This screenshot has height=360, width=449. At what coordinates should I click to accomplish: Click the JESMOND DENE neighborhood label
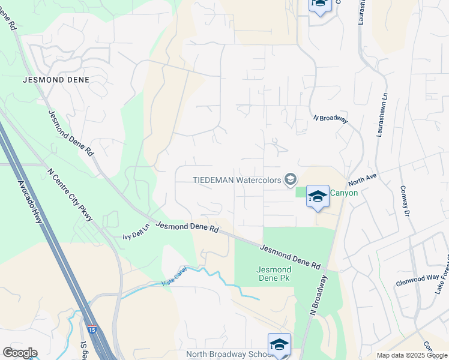[56, 79]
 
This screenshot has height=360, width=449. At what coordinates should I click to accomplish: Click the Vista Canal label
[175, 282]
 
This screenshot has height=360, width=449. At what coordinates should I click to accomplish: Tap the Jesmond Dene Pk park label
[274, 275]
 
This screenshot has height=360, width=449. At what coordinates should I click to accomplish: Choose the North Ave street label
[362, 180]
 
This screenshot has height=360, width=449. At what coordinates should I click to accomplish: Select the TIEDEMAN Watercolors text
[237, 179]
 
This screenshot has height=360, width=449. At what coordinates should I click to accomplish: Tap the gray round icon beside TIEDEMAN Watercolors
[291, 179]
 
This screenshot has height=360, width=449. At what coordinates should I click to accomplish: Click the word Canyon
[344, 193]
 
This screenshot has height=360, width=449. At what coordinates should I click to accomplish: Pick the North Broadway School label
[230, 354]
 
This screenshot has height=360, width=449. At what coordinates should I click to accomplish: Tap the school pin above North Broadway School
[279, 344]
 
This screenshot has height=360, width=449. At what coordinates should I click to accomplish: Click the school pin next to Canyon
[318, 196]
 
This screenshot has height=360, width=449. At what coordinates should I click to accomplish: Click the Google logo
[19, 353]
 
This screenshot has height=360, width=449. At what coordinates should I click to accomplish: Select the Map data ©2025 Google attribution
[411, 355]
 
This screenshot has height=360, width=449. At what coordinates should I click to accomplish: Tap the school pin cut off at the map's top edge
[319, 6]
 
